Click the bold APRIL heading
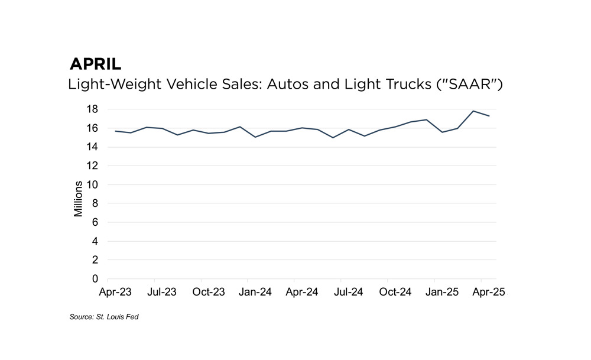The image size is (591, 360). coord(95,64)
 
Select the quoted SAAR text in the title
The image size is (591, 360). coord(469,84)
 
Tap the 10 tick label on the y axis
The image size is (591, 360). coord(92,185)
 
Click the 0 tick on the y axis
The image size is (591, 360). coord(95,279)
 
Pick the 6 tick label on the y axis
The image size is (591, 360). coord(95,222)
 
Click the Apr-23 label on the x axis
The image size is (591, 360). coord(115,292)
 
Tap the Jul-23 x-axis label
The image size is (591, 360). coord(162,292)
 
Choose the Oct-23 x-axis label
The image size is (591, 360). coord(209,292)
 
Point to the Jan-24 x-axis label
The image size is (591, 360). coord(255,292)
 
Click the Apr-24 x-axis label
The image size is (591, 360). coord(302,292)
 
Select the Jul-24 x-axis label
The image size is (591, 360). coord(349,292)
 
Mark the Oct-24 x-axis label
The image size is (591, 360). coord(395,292)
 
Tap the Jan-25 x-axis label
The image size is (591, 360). coord(442,292)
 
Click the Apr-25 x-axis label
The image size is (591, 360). coord(488,292)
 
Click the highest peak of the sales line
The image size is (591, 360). coord(473,111)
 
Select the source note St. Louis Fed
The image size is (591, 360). coord(104,317)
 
